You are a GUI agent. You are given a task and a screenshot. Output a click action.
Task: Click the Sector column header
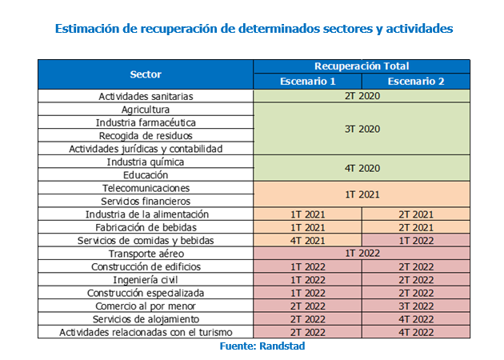[x=146, y=74]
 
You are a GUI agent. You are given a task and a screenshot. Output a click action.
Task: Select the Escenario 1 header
[x=308, y=82]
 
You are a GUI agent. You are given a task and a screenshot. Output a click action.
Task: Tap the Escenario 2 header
[x=416, y=82]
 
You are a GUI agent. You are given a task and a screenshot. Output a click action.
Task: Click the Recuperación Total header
[x=362, y=66]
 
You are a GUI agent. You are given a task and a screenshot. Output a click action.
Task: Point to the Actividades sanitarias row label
[x=146, y=96]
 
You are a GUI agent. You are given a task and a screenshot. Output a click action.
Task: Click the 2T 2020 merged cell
[x=362, y=96]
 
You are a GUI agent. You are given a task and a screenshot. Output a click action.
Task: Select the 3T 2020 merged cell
[x=362, y=129]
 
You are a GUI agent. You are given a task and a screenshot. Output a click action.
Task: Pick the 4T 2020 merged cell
[x=362, y=168]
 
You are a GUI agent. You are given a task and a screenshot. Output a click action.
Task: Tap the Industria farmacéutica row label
[x=146, y=122]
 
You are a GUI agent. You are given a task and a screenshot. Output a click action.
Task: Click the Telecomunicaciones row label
[x=146, y=188]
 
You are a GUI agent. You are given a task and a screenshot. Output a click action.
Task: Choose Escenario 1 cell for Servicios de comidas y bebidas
[x=308, y=241]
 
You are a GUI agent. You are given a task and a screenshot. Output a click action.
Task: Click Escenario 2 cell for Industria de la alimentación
[x=416, y=214]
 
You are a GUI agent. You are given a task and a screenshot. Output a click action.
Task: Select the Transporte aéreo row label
[x=146, y=254]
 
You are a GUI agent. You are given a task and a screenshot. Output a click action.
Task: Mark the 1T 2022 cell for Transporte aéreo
[x=362, y=254]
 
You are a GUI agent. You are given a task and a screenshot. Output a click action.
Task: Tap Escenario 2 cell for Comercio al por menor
[x=416, y=306]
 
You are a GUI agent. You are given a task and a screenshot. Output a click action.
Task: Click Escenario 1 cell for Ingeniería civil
[x=308, y=280]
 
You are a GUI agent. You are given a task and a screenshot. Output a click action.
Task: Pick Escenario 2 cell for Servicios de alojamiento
[x=416, y=319]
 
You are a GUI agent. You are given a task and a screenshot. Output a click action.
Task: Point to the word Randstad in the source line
[x=282, y=346]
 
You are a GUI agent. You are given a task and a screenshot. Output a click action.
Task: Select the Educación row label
[x=146, y=175]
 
